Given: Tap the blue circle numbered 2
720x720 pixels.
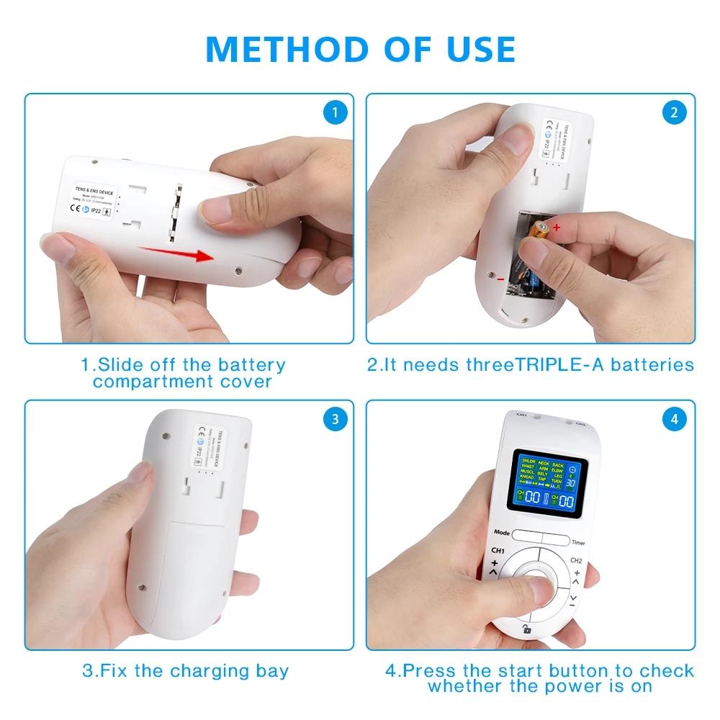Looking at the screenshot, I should (674, 112).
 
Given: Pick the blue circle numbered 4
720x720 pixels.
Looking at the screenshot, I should (674, 419).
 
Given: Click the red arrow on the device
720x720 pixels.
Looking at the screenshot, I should (177, 253).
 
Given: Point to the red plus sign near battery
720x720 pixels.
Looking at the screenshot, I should (557, 228).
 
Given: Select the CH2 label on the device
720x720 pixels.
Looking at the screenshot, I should (577, 559).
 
